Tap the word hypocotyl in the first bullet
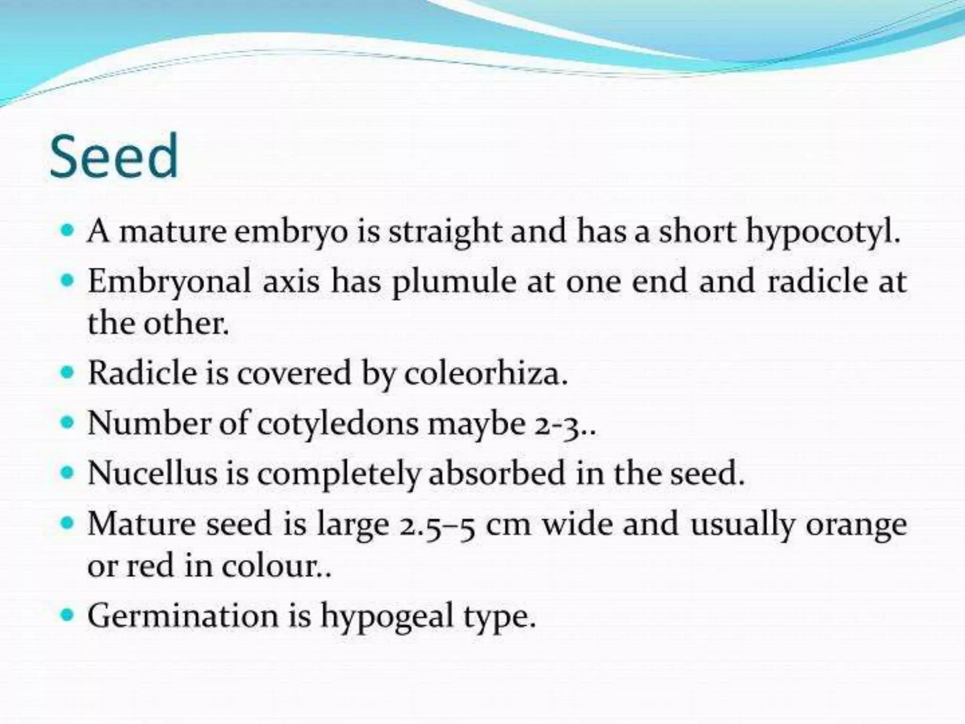point(822,233)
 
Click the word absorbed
point(496,473)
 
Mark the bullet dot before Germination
point(68,616)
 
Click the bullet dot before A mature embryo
point(68,231)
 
